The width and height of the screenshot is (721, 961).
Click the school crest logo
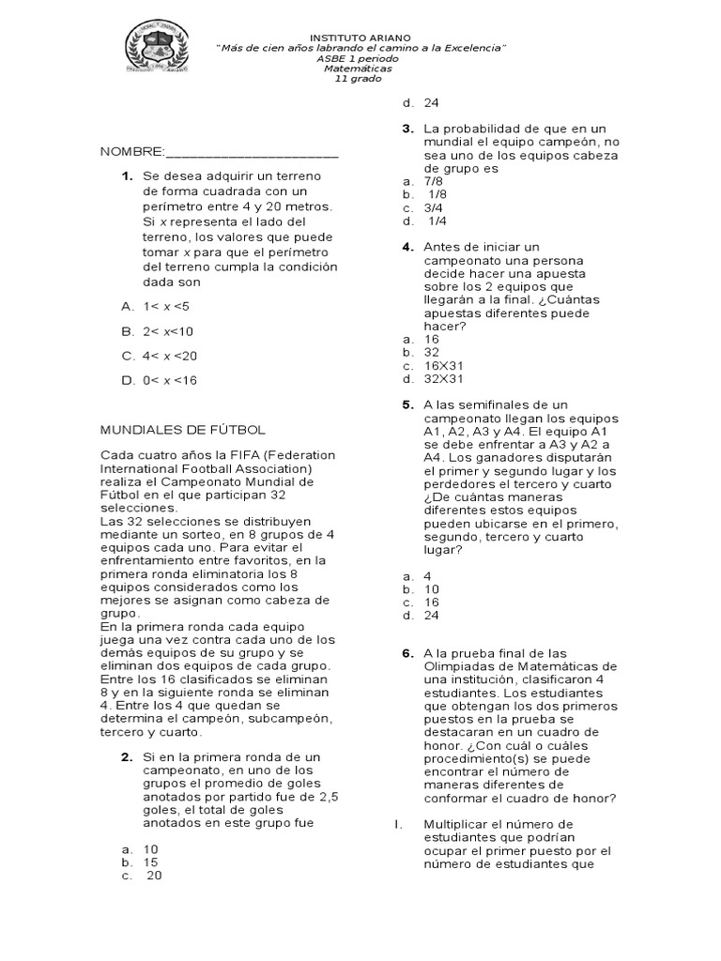[157, 47]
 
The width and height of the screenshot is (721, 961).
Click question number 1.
[126, 176]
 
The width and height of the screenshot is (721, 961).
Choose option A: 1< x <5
[155, 306]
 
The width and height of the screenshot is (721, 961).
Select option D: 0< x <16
[158, 381]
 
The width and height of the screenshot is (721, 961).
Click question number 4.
[407, 247]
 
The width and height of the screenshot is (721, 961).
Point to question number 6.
[407, 652]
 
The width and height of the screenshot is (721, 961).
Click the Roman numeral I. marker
[398, 824]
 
